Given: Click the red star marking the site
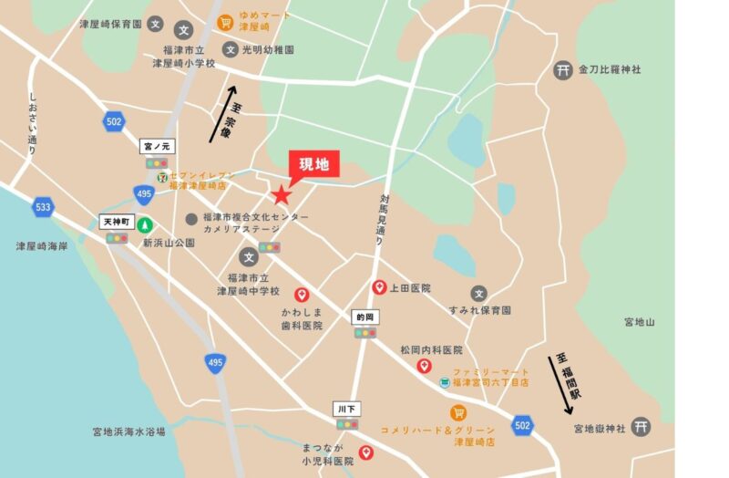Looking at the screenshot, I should (282, 194).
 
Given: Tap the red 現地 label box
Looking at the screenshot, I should (313, 164).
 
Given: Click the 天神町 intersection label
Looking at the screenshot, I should (117, 222).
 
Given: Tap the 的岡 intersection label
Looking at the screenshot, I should (365, 316).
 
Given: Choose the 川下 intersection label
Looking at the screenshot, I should (346, 408).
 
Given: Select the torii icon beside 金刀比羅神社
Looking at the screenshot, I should (562, 70).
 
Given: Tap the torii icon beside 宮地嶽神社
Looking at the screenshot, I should (641, 426).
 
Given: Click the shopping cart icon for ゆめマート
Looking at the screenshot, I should (224, 22).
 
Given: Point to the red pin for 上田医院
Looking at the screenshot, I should (379, 287).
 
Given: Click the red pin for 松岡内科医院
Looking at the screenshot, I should (424, 366).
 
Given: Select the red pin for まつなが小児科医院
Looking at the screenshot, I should (366, 452).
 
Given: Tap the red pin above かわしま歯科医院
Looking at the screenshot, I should (301, 295).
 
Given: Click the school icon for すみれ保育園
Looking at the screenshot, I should (479, 293).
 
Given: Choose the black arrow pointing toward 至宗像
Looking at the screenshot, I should (227, 114).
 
